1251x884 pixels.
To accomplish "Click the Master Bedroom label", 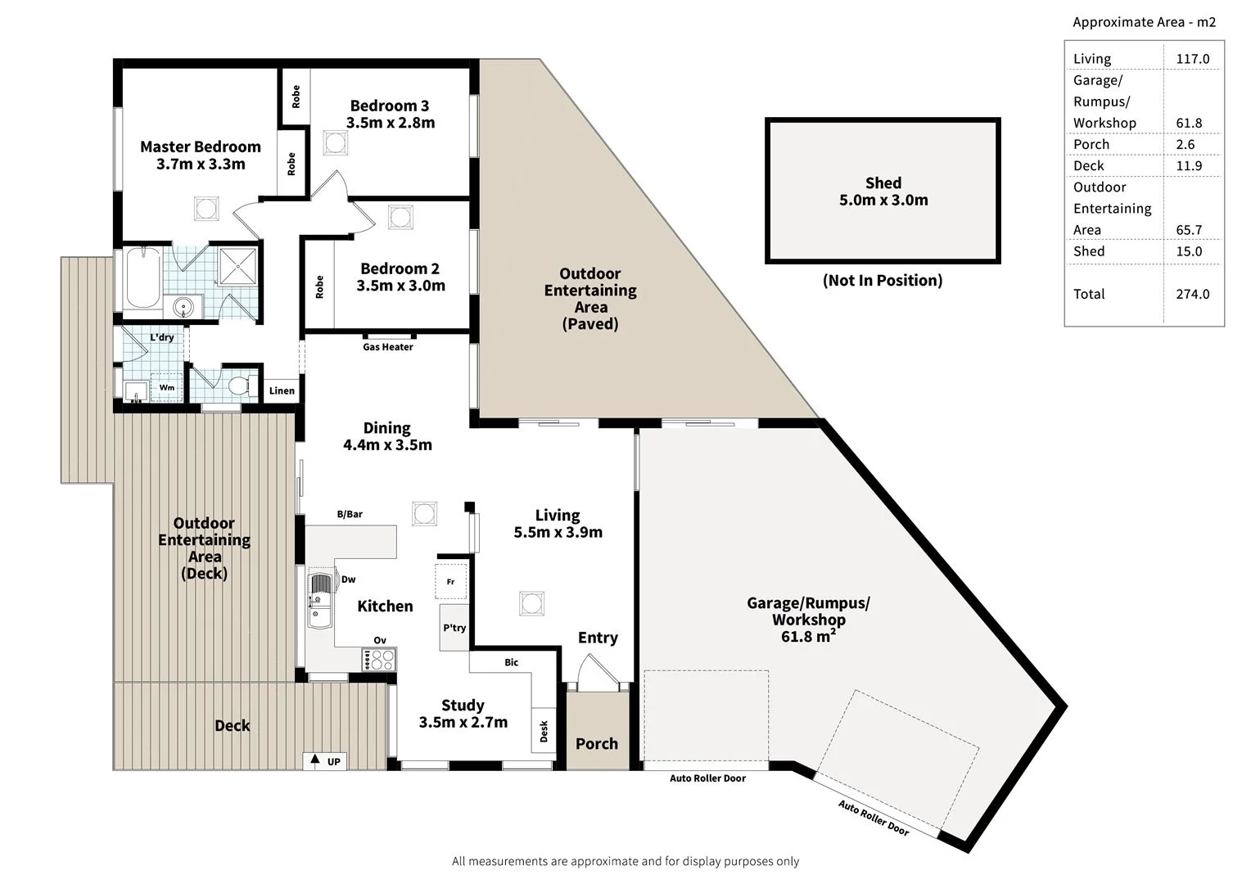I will pos(200,147).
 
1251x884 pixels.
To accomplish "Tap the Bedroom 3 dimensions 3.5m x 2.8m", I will pos(390,123).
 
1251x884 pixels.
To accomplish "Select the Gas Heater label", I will pos(388,347).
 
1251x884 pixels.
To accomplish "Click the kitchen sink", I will pos(319,602).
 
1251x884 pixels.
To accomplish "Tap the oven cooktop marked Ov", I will pos(379,658).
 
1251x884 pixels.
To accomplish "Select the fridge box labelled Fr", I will pos(450,582).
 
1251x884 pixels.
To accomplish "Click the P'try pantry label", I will pos(454,628).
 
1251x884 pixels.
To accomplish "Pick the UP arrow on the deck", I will pos(314,761).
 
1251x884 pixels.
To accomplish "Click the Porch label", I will pos(597,743).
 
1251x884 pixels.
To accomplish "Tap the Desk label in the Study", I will pos(544,731).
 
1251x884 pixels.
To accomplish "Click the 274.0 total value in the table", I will pos(1192,294).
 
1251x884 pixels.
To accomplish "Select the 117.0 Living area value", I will pos(1192,59).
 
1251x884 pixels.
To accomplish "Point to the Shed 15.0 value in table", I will pos(1189,251).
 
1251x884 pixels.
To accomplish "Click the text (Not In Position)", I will pos(883,280).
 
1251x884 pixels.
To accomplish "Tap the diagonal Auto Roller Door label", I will pos(873,818).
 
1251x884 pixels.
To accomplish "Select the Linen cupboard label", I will pos(282,390).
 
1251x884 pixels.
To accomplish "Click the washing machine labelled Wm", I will pos(167,387).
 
